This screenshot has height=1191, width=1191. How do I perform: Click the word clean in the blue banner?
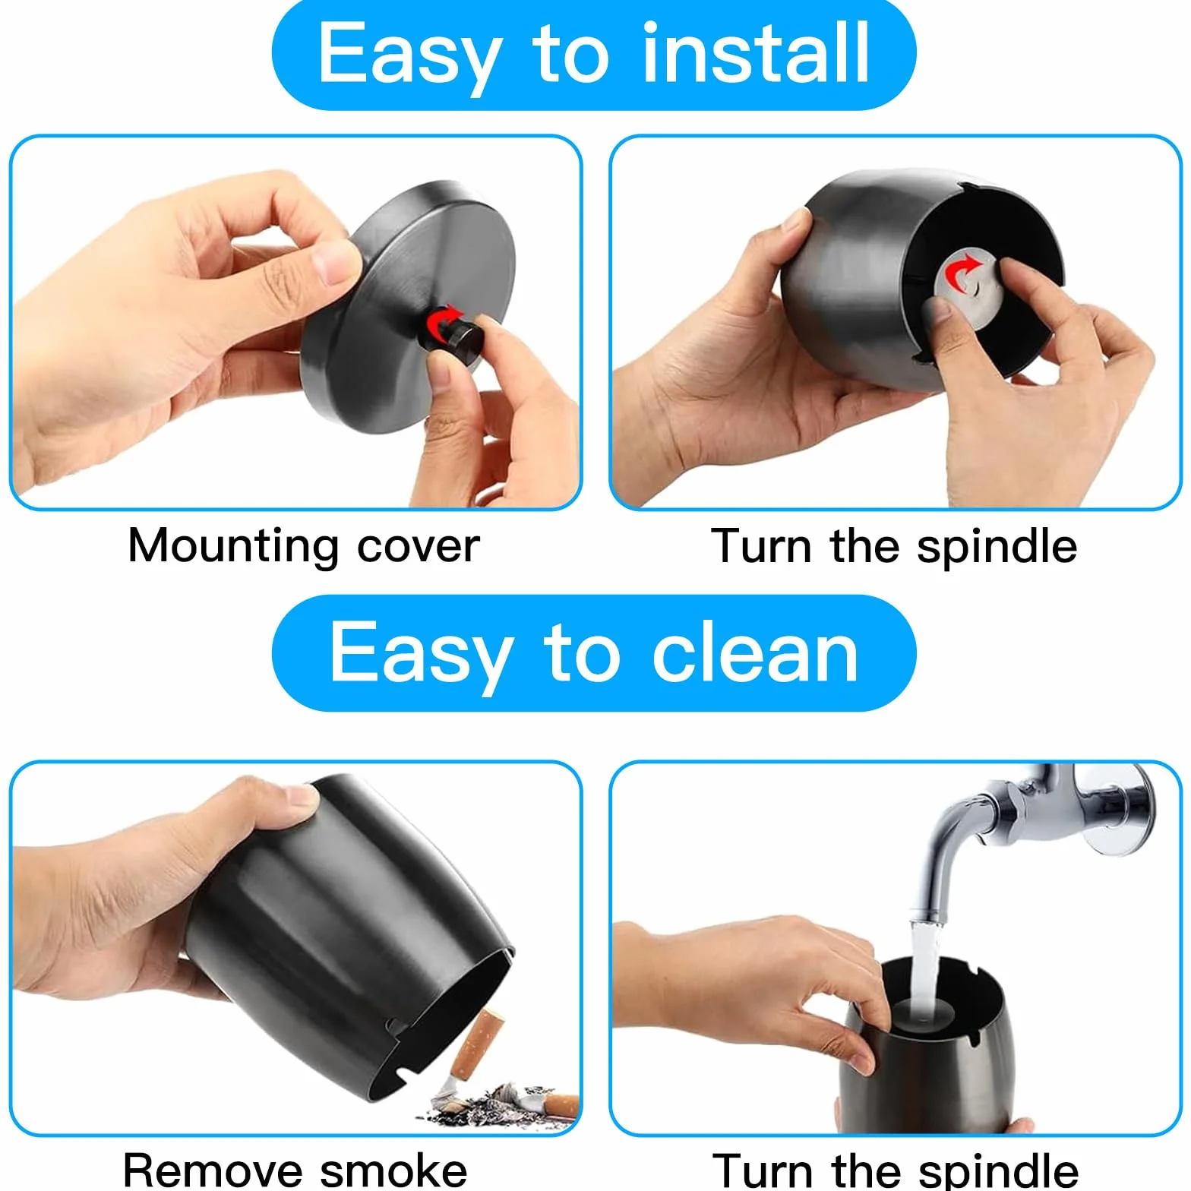point(755,652)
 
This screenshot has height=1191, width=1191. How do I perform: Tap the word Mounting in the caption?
point(233,546)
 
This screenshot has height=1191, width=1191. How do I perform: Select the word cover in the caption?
point(419,547)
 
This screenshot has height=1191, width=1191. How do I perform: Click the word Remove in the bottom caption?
point(213,1170)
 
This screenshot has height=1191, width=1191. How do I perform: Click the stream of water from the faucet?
point(922,962)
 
